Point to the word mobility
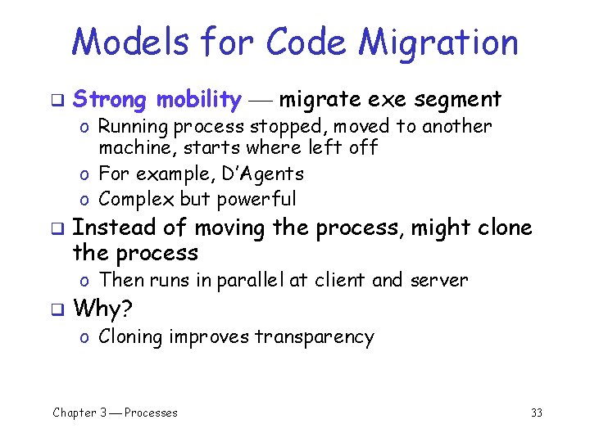(x=199, y=100)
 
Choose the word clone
(x=502, y=228)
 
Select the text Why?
(x=102, y=309)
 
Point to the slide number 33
(x=537, y=413)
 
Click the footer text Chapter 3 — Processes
(x=115, y=413)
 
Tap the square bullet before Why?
(x=57, y=309)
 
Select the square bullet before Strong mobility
(x=57, y=101)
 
